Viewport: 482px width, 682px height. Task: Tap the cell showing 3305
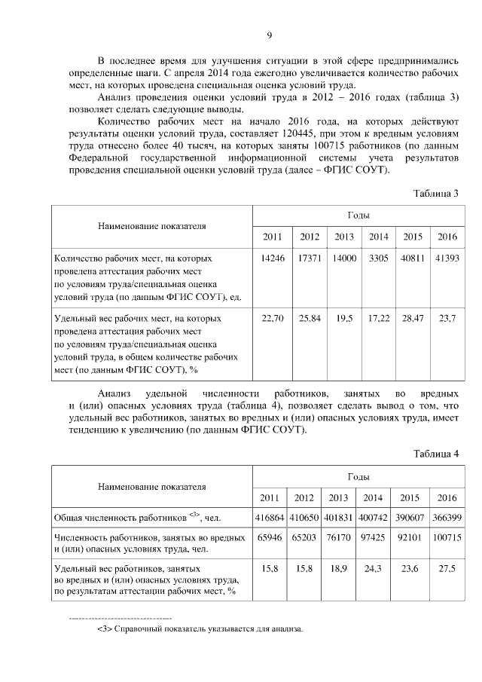coord(378,258)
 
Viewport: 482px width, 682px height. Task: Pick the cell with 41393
coord(447,258)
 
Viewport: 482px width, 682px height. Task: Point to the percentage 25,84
coord(310,319)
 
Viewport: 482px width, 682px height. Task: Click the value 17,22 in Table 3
coord(378,319)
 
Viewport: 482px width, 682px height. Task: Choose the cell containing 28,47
coord(412,319)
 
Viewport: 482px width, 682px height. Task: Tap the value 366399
coord(447,518)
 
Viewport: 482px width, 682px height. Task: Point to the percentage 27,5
coord(447,570)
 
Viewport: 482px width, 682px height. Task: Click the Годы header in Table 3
coord(358,216)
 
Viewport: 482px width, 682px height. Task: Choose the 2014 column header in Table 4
coord(372,497)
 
